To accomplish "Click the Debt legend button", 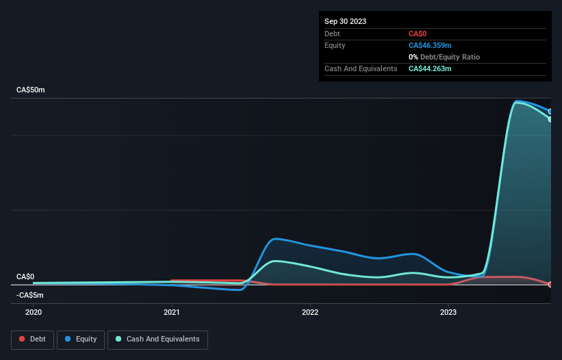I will point(31,339).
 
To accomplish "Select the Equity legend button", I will point(81,339).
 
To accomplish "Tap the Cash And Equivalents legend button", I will point(157,339).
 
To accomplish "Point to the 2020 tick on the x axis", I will point(34,312).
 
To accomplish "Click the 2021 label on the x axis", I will point(172,312).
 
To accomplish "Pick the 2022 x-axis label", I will point(310,312).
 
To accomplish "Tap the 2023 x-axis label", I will point(448,312).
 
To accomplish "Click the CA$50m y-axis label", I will point(30,90).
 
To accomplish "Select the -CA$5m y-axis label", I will point(29,296).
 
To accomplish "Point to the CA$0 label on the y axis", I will point(25,277).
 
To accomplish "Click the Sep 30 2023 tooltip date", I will point(345,21).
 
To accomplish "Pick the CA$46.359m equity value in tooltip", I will point(430,45).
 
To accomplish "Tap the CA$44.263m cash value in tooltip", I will point(430,69).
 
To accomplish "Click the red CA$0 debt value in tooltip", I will point(418,34).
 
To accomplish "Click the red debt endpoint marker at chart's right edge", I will point(550,284).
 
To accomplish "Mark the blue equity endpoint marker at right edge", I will point(550,112).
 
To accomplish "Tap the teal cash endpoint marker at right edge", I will point(550,119).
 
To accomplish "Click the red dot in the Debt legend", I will point(22,339).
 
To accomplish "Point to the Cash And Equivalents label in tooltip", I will point(361,69).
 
